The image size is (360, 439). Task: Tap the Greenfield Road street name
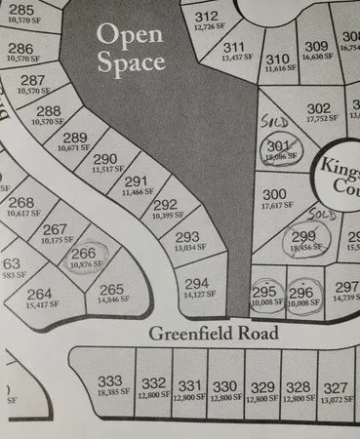(214, 334)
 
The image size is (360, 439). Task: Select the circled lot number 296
(301, 291)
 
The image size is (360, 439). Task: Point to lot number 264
(40, 294)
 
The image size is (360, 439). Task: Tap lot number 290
(104, 159)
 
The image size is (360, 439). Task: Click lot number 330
(224, 385)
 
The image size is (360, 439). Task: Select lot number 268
(20, 203)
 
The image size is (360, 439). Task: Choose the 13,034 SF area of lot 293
(186, 248)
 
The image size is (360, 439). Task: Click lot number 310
(278, 60)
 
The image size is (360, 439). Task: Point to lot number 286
(20, 48)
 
